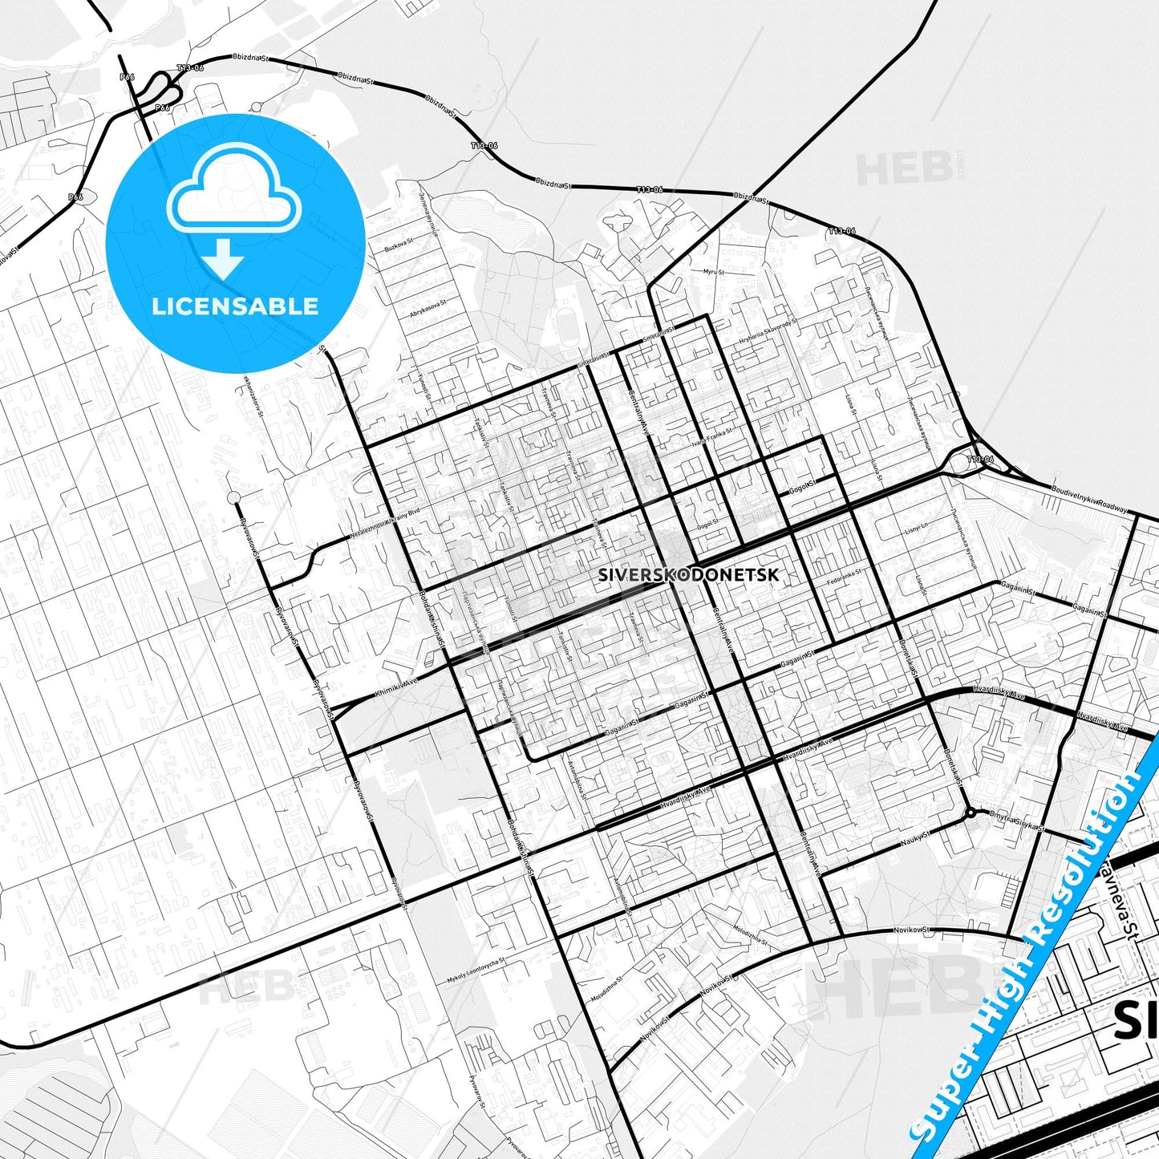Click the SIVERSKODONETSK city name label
tap(688, 574)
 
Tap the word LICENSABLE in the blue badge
tap(235, 306)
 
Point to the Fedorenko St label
tap(845, 576)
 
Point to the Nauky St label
tap(914, 837)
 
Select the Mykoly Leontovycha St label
tap(476, 972)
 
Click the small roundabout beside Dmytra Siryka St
tap(971, 813)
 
